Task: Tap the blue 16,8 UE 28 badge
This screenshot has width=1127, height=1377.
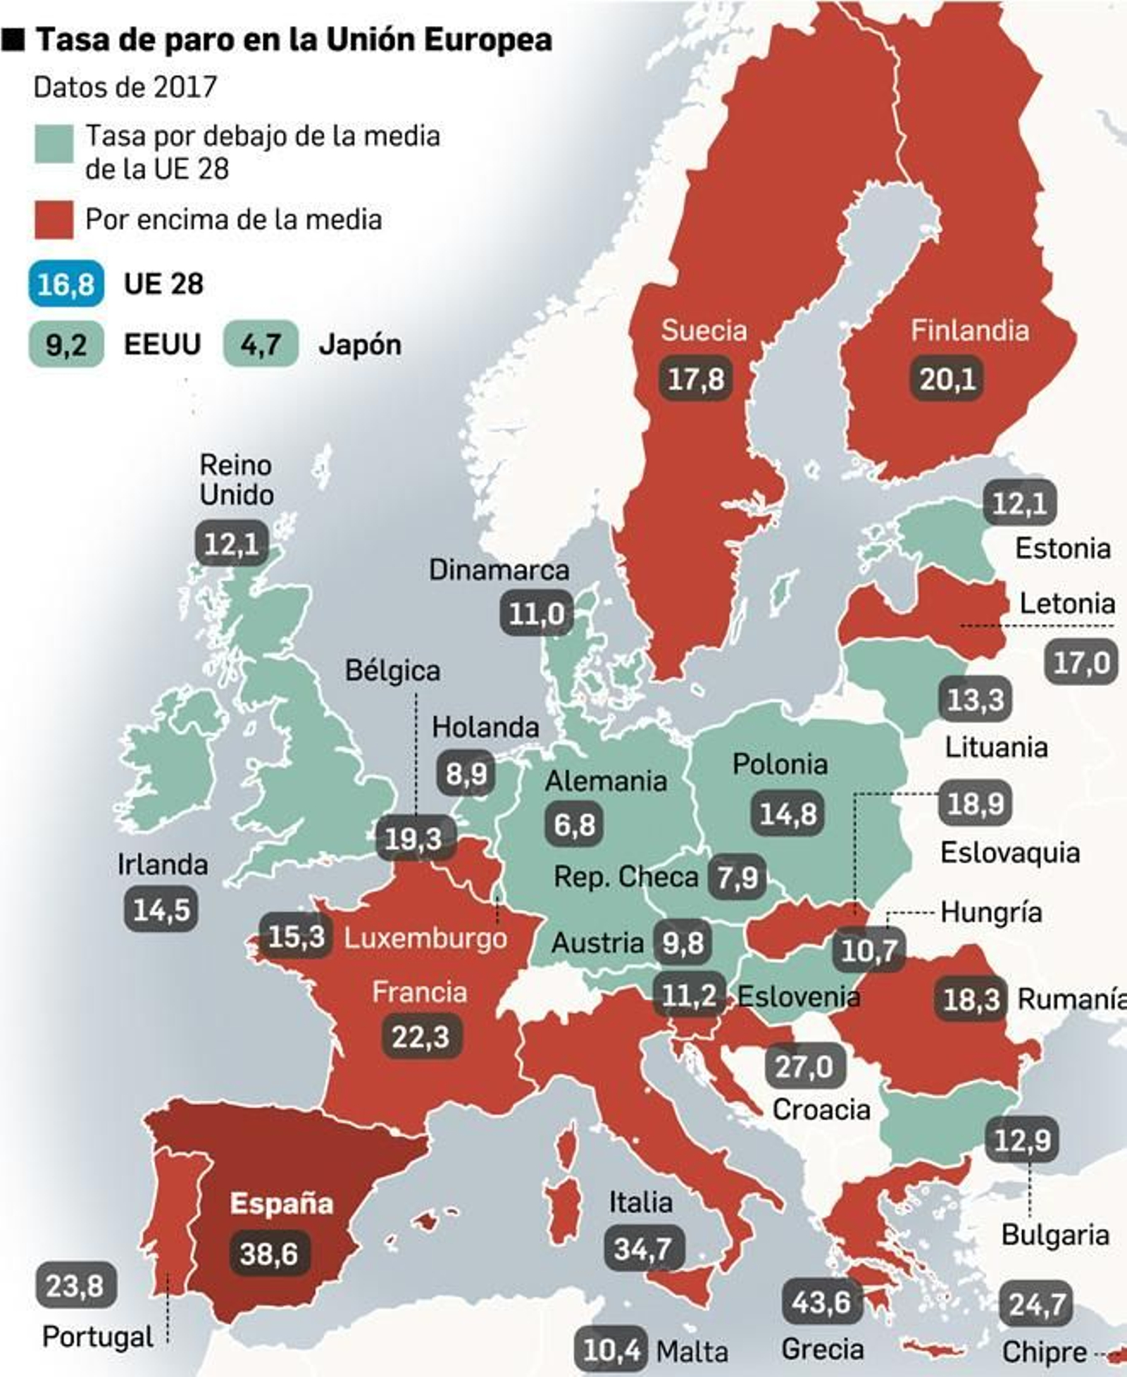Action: (66, 284)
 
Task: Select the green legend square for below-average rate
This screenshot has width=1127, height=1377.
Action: (54, 144)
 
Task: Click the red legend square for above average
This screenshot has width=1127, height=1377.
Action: (54, 220)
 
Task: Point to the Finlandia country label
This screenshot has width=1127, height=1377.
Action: (969, 330)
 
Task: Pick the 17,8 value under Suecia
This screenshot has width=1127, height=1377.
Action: (695, 379)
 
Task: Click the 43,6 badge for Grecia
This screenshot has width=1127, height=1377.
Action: (821, 1302)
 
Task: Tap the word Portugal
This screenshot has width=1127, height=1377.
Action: (98, 1337)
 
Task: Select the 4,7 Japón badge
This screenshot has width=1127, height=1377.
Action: (261, 344)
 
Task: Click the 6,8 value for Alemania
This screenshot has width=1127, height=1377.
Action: (574, 824)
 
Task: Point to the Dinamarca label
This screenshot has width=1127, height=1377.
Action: (499, 570)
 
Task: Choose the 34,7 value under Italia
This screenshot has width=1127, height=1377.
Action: (642, 1249)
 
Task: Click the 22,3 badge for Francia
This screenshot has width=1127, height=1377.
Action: (421, 1036)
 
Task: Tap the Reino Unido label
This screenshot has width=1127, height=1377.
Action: (236, 480)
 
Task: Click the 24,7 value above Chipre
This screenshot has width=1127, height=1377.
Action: (1035, 1304)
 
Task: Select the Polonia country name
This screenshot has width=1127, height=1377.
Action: (780, 764)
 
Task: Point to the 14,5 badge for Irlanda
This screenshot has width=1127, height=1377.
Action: (161, 909)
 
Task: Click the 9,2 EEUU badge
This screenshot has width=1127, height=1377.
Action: (66, 344)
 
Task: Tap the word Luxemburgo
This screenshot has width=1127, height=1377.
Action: (425, 938)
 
